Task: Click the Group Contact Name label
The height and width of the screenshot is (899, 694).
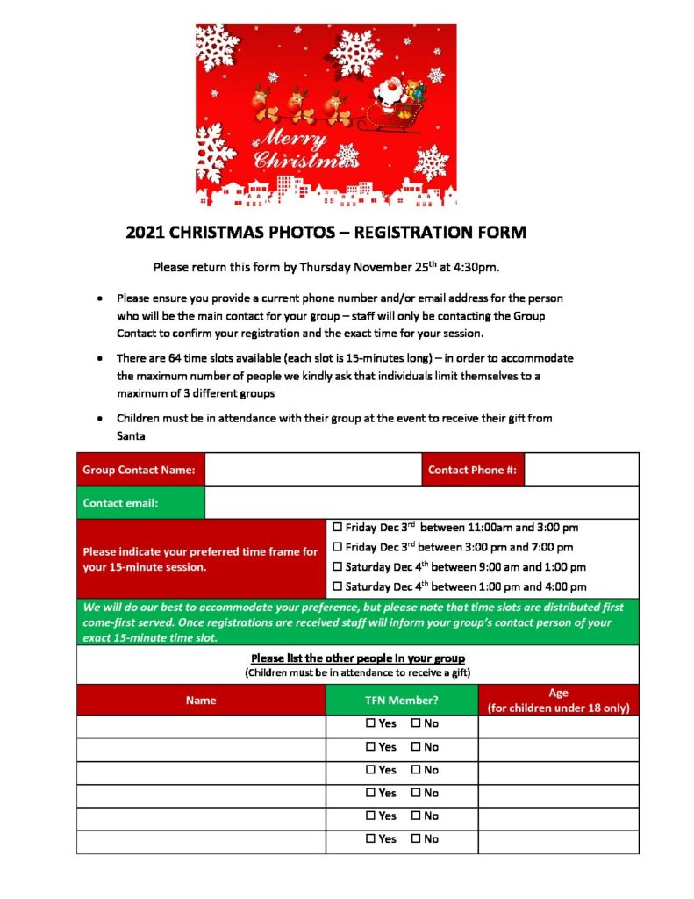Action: pos(139,470)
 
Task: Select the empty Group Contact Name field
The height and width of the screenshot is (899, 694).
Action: pos(312,470)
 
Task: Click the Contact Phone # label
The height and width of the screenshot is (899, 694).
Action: pos(472,470)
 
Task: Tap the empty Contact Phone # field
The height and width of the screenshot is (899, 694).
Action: pos(581,470)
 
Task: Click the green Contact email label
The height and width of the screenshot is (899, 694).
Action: pos(120,503)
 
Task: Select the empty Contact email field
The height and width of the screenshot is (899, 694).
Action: pos(421,503)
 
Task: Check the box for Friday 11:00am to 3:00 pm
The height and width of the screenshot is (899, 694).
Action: pos(338,528)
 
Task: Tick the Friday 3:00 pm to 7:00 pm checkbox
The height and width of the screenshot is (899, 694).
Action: pos(338,547)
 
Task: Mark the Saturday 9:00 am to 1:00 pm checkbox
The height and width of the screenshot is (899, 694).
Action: pos(338,567)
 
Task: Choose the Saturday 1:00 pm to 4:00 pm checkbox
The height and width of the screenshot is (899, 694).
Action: pos(338,586)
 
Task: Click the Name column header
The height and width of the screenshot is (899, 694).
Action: pos(201,701)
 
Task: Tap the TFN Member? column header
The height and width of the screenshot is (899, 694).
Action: pos(402,701)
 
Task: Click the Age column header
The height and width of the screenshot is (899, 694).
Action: pos(558,701)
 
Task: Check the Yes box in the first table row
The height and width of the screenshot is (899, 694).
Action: pos(371,723)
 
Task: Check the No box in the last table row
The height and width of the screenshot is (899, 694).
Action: pos(416,838)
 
